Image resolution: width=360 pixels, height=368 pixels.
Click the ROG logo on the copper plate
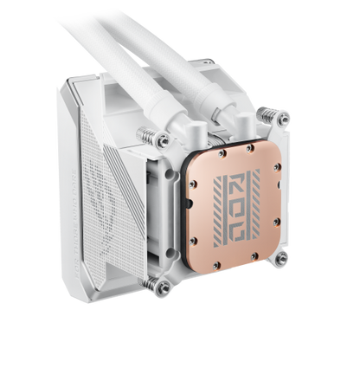(236, 207)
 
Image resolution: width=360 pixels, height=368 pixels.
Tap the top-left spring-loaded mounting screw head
(164, 141)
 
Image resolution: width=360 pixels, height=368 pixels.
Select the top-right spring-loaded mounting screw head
(284, 119)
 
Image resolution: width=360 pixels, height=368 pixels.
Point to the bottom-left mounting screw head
(164, 287)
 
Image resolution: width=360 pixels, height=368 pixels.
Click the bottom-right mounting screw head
(281, 258)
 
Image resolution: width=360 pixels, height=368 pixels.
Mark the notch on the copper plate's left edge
(190, 203)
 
